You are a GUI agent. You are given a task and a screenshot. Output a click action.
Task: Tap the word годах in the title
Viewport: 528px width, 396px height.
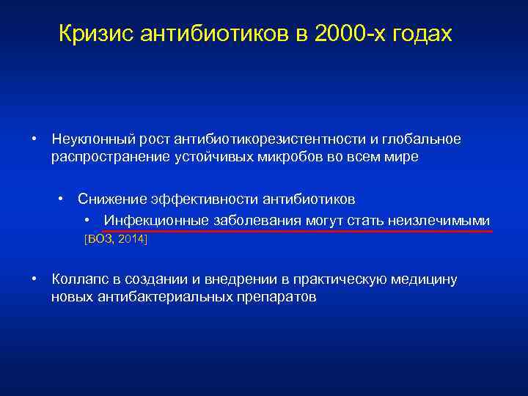click(x=422, y=34)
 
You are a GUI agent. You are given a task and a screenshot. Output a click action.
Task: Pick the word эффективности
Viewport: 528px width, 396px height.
click(x=198, y=199)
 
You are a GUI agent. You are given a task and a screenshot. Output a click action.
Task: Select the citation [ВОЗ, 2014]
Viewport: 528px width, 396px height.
click(x=116, y=239)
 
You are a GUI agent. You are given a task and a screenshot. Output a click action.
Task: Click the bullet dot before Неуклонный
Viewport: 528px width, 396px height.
click(x=34, y=139)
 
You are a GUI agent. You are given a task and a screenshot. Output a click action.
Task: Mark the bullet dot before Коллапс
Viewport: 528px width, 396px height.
click(x=34, y=279)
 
